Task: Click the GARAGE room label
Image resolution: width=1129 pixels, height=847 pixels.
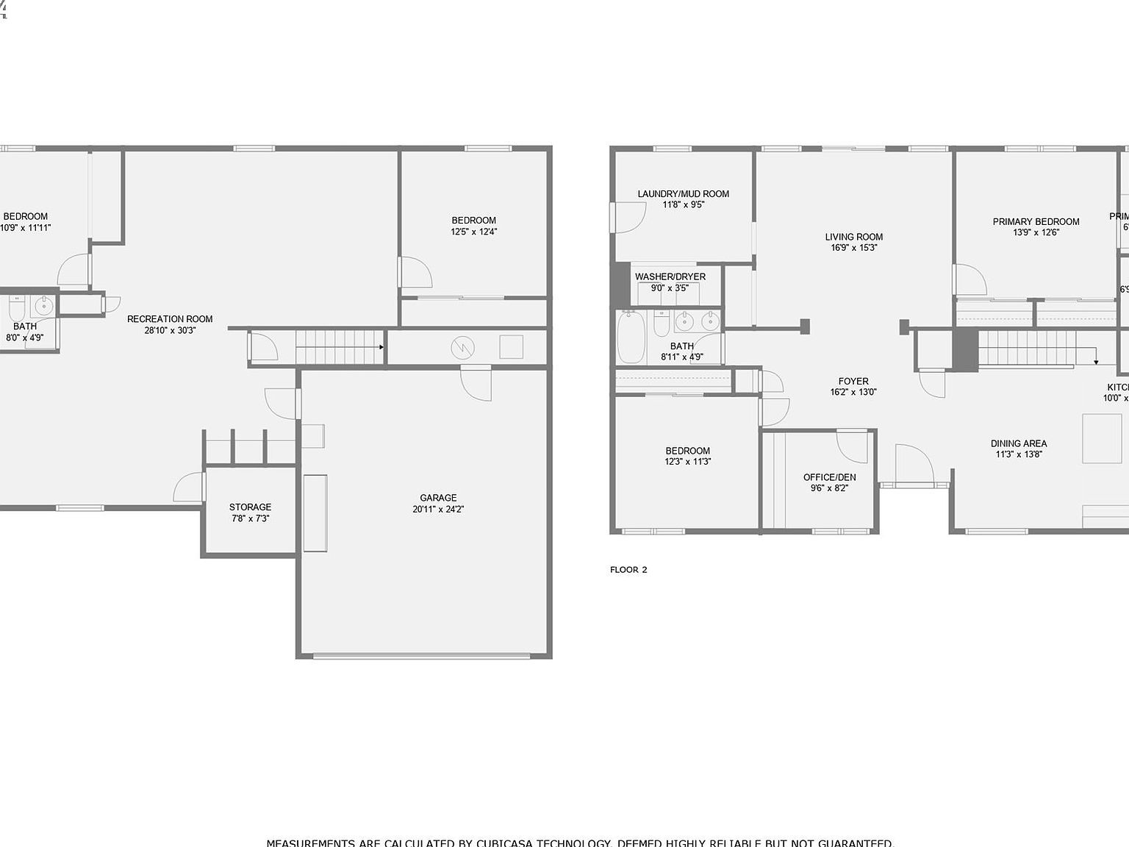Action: click(438, 498)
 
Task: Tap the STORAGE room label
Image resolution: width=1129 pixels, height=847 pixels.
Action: click(250, 507)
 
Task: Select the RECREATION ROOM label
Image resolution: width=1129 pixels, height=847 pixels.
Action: click(170, 319)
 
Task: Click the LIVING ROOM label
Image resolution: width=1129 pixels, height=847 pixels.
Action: click(853, 237)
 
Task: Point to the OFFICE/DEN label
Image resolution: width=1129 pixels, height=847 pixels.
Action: click(829, 477)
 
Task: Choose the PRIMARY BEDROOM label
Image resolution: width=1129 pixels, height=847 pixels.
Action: click(1036, 221)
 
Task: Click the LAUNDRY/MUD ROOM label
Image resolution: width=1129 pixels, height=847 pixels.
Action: click(683, 194)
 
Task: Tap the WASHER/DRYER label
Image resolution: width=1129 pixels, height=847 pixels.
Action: click(670, 277)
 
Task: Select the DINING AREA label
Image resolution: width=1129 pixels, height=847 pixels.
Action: click(1018, 443)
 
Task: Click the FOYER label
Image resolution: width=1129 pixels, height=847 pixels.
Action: click(853, 381)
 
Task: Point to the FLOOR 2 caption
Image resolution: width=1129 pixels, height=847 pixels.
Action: click(628, 570)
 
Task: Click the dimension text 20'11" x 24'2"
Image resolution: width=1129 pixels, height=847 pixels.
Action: click(438, 510)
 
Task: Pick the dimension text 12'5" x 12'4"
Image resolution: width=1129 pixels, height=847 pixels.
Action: click(474, 232)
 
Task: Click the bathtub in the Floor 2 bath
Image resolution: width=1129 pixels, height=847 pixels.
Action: click(631, 337)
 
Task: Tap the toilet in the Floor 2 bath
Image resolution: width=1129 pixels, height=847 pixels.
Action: click(662, 323)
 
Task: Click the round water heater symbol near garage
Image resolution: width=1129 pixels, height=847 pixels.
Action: click(463, 347)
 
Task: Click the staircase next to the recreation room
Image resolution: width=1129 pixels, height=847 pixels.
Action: click(340, 347)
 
